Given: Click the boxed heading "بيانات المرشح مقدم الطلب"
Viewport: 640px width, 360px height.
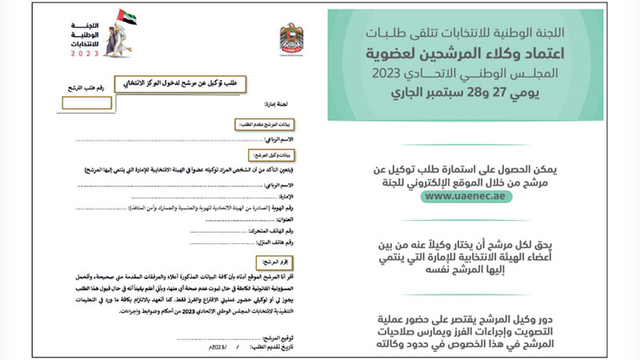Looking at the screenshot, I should pyautogui.click(x=258, y=125).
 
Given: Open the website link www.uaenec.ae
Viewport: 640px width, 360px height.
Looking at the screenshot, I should pyautogui.click(x=465, y=197).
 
